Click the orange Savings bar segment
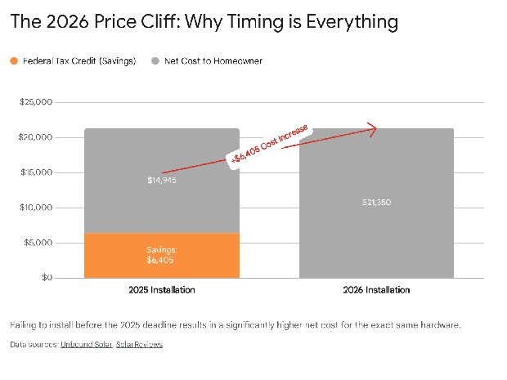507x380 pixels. (162, 255)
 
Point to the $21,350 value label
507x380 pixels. (376, 202)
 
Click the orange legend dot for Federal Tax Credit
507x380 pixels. (14, 61)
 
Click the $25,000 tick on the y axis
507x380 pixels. (35, 103)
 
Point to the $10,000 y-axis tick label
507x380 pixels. (35, 208)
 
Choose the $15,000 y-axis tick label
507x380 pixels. (35, 172)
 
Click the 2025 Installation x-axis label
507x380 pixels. (162, 290)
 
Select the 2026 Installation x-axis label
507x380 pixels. (377, 290)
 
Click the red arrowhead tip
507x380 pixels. (375, 127)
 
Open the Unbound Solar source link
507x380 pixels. (84, 345)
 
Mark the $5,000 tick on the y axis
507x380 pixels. (38, 243)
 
